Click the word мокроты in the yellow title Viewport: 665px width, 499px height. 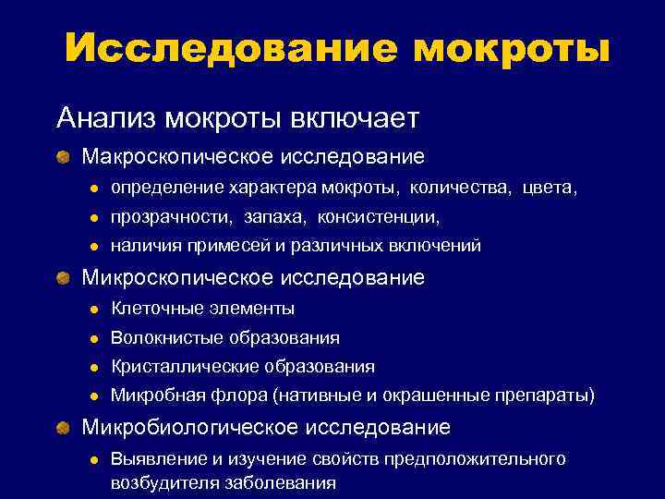(x=511, y=48)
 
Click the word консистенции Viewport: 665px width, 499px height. (x=379, y=218)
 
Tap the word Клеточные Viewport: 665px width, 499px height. (x=149, y=309)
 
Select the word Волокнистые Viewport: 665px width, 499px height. (x=161, y=338)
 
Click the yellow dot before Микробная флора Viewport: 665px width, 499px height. (x=93, y=396)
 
